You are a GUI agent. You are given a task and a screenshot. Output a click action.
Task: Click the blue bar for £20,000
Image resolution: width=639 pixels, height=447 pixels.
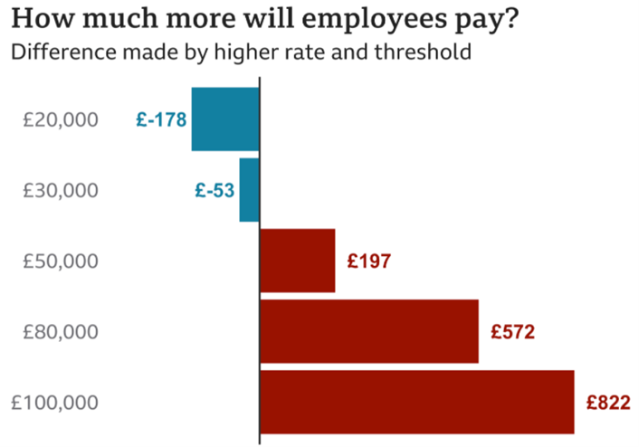click(x=224, y=119)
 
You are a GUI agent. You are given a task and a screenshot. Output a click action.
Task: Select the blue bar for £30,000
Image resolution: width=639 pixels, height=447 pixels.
click(x=249, y=190)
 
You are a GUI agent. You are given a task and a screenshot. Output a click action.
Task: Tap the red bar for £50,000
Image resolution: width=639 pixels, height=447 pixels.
click(x=298, y=261)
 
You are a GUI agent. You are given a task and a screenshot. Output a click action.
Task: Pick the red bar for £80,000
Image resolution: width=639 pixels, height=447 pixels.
click(x=369, y=331)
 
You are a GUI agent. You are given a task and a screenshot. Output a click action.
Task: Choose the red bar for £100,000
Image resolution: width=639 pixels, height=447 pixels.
click(x=417, y=402)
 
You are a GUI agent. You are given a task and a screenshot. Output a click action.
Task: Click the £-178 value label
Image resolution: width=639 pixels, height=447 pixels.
click(x=160, y=120)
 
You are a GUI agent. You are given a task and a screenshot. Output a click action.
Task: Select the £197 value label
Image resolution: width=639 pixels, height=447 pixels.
click(x=368, y=262)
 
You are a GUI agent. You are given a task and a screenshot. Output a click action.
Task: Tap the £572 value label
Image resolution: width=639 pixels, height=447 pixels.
click(x=513, y=332)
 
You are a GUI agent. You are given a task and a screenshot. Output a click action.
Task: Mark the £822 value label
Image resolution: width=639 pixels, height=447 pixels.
click(x=607, y=403)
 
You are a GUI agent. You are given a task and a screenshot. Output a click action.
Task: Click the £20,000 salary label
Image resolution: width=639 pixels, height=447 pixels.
click(x=61, y=120)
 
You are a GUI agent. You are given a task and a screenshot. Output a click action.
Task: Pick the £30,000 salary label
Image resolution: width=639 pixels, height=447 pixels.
click(x=61, y=191)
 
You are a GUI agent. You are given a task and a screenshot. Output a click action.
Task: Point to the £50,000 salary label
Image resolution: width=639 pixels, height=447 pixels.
click(x=61, y=262)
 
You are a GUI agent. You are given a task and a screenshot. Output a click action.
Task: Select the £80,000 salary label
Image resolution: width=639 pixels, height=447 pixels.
click(x=61, y=332)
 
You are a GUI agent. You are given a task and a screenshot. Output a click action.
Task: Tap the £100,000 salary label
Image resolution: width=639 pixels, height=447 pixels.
click(x=54, y=403)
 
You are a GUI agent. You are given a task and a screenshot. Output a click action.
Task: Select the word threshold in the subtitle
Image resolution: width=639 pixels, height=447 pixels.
click(x=425, y=52)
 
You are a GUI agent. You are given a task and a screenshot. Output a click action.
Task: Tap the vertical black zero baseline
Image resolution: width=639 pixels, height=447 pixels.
click(x=260, y=271)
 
